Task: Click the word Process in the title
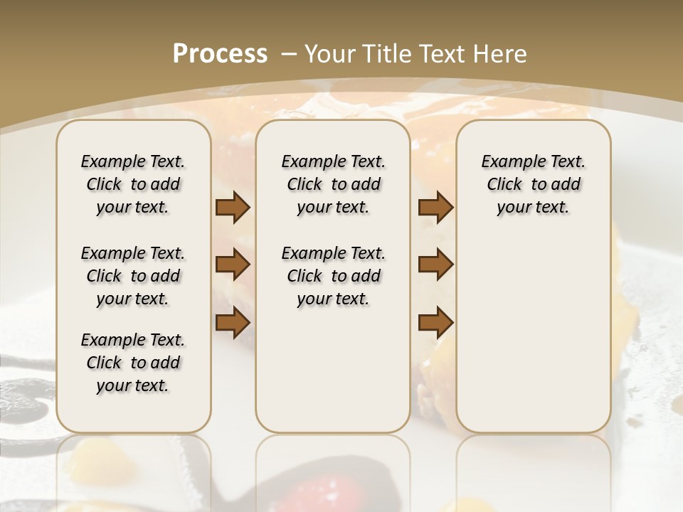[220, 54]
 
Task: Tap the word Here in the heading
[500, 54]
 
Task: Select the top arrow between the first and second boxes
[233, 208]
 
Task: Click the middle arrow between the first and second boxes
[233, 265]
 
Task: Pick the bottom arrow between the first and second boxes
[233, 322]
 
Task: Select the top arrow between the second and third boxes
[435, 208]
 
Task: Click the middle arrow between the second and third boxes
[435, 265]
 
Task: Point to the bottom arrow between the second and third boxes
[435, 322]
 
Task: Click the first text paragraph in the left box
[133, 184]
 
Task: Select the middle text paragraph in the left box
[133, 276]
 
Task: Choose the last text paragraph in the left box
[133, 363]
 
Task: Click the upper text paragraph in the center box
[333, 184]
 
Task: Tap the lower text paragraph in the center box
[333, 276]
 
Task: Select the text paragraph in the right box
[533, 184]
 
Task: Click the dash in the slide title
[289, 54]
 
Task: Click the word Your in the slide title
[331, 54]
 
